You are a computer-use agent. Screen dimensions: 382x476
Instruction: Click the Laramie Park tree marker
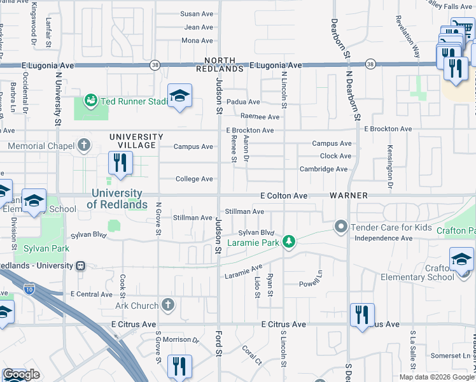pyautogui.click(x=289, y=241)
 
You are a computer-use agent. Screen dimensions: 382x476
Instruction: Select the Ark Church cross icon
pyautogui.click(x=168, y=305)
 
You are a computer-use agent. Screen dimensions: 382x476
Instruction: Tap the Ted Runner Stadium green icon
pyautogui.click(x=91, y=101)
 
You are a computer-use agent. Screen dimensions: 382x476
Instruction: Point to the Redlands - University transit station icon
pyautogui.click(x=80, y=265)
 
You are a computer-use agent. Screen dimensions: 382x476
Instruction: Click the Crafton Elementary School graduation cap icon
pyautogui.click(x=461, y=258)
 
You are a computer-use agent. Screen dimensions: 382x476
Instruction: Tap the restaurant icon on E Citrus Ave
pyautogui.click(x=361, y=314)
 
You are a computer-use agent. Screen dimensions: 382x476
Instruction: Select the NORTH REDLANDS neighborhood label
pyautogui.click(x=220, y=64)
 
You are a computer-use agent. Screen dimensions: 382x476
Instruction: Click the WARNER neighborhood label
pyautogui.click(x=349, y=195)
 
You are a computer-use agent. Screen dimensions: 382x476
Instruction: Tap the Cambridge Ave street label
pyautogui.click(x=324, y=169)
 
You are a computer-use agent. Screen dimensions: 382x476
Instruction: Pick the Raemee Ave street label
pyautogui.click(x=260, y=117)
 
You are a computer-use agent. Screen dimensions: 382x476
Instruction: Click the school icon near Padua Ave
pyautogui.click(x=179, y=96)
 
